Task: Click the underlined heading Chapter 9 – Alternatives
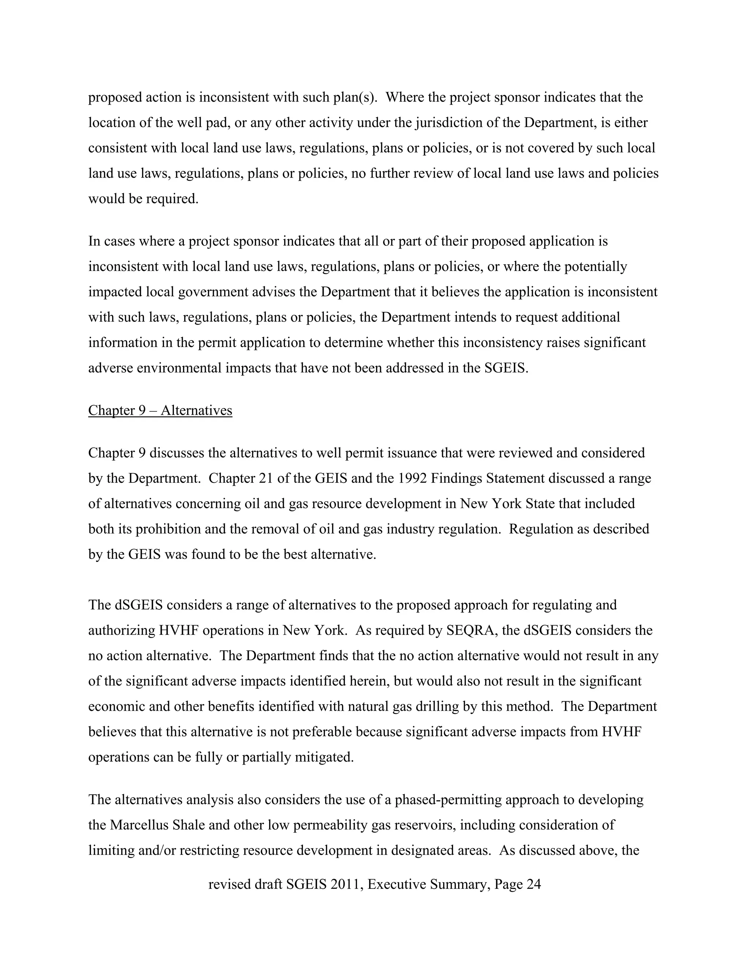tap(160, 410)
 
